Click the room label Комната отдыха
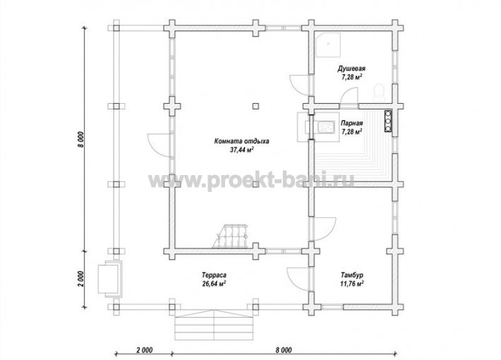[x=241, y=141]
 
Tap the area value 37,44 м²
[x=242, y=150]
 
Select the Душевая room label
[x=351, y=68]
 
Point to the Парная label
[x=352, y=123]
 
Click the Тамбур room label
[x=352, y=275]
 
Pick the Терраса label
[x=214, y=275]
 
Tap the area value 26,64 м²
[x=214, y=284]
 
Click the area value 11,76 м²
[x=352, y=284]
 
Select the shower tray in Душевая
[x=328, y=44]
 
